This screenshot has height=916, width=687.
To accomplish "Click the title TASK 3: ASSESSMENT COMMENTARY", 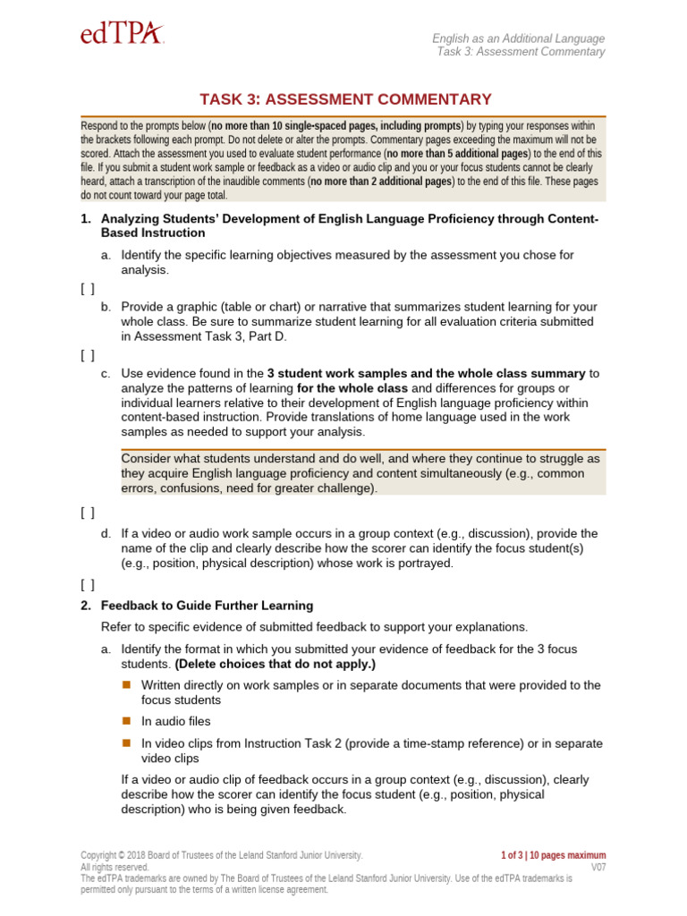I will click(x=344, y=99).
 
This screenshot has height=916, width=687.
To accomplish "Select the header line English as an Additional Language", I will click(x=518, y=38).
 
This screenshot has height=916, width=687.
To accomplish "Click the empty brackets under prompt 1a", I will click(x=87, y=288).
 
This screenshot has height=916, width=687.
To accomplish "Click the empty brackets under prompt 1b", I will click(x=87, y=354).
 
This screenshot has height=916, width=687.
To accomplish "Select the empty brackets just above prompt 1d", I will click(x=87, y=513).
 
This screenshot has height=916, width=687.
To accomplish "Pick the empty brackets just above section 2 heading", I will click(x=87, y=585).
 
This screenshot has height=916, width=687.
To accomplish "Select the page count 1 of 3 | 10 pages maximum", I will click(x=554, y=855).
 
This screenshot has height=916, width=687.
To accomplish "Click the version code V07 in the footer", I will click(x=598, y=868).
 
